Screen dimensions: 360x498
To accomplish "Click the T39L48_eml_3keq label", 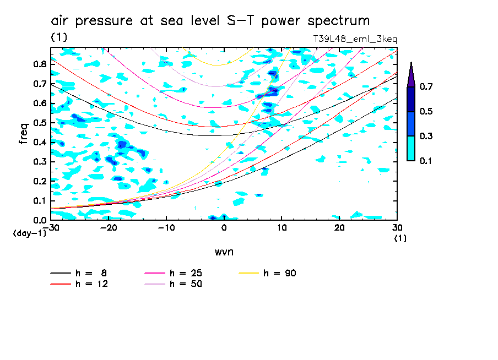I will pyautogui.click(x=355, y=39).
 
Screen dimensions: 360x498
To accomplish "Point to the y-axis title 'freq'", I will pyautogui.click(x=23, y=134).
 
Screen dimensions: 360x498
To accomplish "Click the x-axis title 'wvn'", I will pyautogui.click(x=224, y=252).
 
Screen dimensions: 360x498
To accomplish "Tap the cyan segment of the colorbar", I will pyautogui.click(x=411, y=148).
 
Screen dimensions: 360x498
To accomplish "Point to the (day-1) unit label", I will pyautogui.click(x=29, y=233).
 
